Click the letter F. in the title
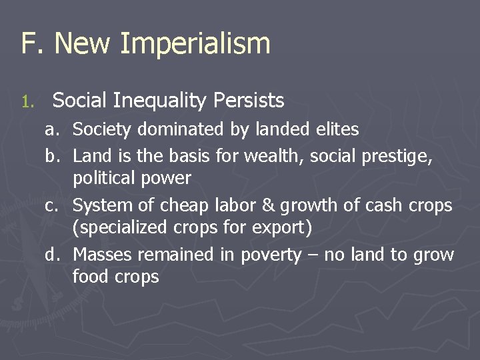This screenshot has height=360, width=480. tap(30, 44)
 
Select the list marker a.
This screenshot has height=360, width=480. tap(51, 129)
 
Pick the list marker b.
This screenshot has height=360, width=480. tap(51, 156)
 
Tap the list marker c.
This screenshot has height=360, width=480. tap(51, 206)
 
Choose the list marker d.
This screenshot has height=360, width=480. tap(51, 255)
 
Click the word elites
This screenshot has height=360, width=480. tap(338, 129)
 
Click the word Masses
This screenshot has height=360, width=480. tap(101, 255)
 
